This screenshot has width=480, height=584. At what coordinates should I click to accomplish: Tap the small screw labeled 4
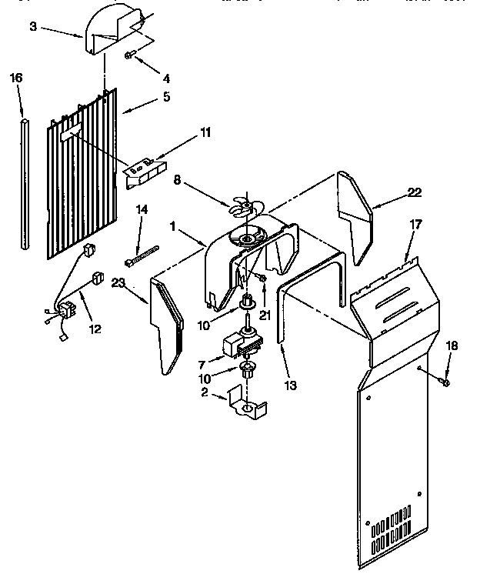pyautogui.click(x=131, y=55)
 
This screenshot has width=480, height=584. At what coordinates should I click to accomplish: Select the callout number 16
pyautogui.click(x=16, y=78)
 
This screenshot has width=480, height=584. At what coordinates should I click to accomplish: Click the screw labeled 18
pyautogui.click(x=446, y=381)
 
